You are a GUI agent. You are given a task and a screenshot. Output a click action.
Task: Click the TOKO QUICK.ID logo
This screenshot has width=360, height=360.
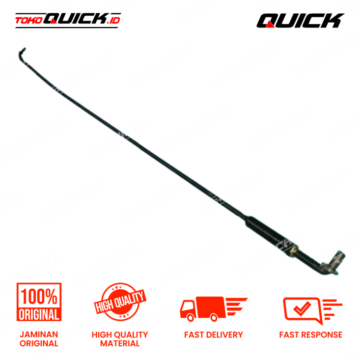68,20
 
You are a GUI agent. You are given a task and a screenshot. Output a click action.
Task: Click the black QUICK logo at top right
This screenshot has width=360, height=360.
300,21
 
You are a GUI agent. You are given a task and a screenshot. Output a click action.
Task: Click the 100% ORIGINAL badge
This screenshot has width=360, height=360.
39,302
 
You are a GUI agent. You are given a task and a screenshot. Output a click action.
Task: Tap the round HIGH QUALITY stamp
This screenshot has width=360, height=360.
120,302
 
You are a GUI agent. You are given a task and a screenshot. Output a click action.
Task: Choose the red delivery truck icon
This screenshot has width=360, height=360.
214,309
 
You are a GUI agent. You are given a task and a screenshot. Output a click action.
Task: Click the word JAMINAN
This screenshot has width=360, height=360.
39,334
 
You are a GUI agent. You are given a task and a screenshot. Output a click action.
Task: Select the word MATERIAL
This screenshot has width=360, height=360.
120,343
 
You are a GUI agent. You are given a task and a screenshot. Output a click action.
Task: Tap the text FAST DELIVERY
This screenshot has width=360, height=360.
214,335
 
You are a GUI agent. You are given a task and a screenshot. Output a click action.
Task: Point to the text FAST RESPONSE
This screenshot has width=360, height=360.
310,335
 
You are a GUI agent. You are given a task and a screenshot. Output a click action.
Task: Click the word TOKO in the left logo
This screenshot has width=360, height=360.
29,21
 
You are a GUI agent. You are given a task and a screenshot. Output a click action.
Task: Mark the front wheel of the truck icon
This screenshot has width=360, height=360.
191,318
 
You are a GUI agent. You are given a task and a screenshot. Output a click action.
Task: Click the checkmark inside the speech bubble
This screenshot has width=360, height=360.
302,308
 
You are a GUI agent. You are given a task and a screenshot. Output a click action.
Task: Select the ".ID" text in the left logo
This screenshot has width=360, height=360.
113,21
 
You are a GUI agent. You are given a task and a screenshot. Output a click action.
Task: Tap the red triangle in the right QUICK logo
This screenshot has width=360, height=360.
271,25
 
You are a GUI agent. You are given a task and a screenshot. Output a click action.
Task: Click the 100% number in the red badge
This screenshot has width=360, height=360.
39,297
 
